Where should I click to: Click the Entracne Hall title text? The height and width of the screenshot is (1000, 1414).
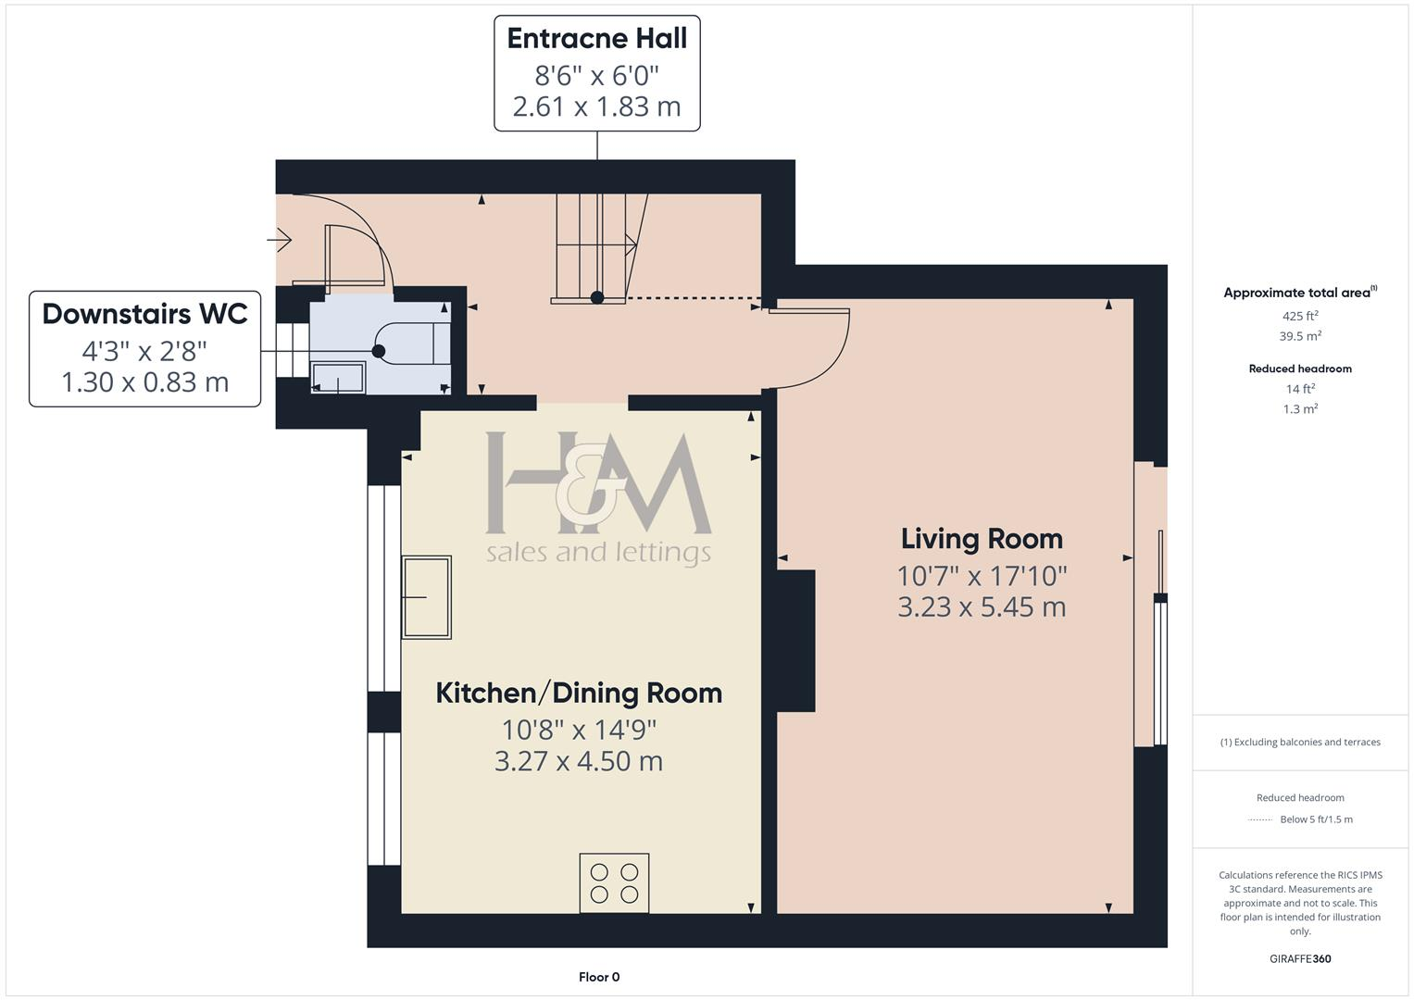click(x=596, y=39)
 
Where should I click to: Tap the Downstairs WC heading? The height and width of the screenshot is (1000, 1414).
click(x=144, y=314)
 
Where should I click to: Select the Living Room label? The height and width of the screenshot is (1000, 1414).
click(x=982, y=539)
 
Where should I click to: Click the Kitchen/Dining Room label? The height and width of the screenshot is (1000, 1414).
click(x=579, y=694)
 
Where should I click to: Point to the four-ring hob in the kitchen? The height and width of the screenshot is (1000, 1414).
click(x=614, y=882)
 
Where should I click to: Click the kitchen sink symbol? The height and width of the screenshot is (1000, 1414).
click(x=427, y=597)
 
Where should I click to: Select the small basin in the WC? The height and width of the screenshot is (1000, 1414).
click(x=338, y=378)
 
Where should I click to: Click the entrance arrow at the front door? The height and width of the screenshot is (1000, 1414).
click(x=279, y=240)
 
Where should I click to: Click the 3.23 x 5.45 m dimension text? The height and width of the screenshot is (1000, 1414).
click(x=982, y=606)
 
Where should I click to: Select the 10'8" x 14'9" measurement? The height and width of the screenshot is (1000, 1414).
click(x=579, y=730)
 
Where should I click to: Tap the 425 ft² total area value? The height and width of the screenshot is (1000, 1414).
click(x=1300, y=316)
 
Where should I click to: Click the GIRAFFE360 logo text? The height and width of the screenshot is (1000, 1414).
click(x=1300, y=958)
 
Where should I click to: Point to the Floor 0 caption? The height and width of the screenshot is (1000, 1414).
click(x=599, y=977)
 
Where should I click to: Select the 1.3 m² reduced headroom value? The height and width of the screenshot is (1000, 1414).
click(x=1300, y=408)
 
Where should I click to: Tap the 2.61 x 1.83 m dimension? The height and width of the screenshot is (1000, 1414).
click(x=596, y=106)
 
